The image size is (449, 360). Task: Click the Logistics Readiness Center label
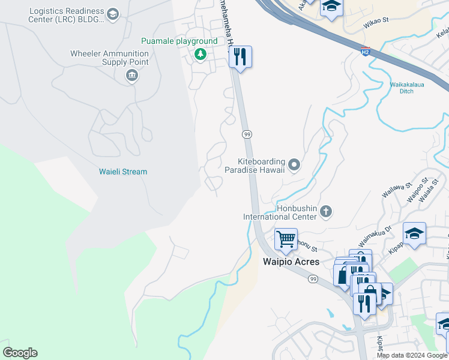pos(66,16)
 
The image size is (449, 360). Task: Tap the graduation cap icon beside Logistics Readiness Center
pos(112,13)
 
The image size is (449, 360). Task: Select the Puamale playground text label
pos(179,41)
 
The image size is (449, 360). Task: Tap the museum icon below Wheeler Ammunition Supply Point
pos(131,76)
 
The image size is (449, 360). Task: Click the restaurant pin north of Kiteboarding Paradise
pos(240,58)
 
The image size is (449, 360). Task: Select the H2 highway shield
pos(365,52)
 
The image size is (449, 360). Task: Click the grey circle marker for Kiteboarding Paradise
pos(294,164)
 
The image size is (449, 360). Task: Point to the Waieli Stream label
pos(122,172)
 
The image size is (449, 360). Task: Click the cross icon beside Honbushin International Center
pos(326,211)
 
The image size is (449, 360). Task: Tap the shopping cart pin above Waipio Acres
pos(286,238)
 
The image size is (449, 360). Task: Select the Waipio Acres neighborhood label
pos(291,262)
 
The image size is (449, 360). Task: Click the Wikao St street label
pos(376,20)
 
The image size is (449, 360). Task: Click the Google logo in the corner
pos(20,353)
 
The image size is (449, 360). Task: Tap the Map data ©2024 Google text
pos(412,355)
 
